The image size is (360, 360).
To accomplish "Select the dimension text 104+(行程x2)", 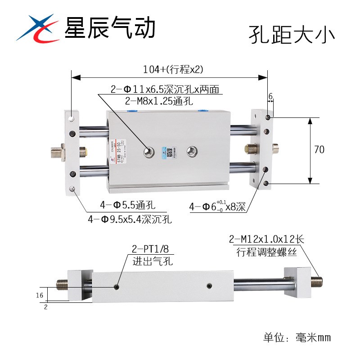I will click(x=173, y=69).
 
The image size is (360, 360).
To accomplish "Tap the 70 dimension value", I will click(x=319, y=150).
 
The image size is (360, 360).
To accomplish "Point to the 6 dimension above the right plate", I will click(x=270, y=96).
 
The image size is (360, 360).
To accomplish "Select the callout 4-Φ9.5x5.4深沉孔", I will click(x=130, y=220).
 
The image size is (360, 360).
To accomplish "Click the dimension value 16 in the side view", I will click(x=40, y=295).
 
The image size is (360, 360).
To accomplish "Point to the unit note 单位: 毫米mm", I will click(x=297, y=337).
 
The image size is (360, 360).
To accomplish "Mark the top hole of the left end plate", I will click(x=72, y=119).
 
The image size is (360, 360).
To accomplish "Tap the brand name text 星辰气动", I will click(x=110, y=27).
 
